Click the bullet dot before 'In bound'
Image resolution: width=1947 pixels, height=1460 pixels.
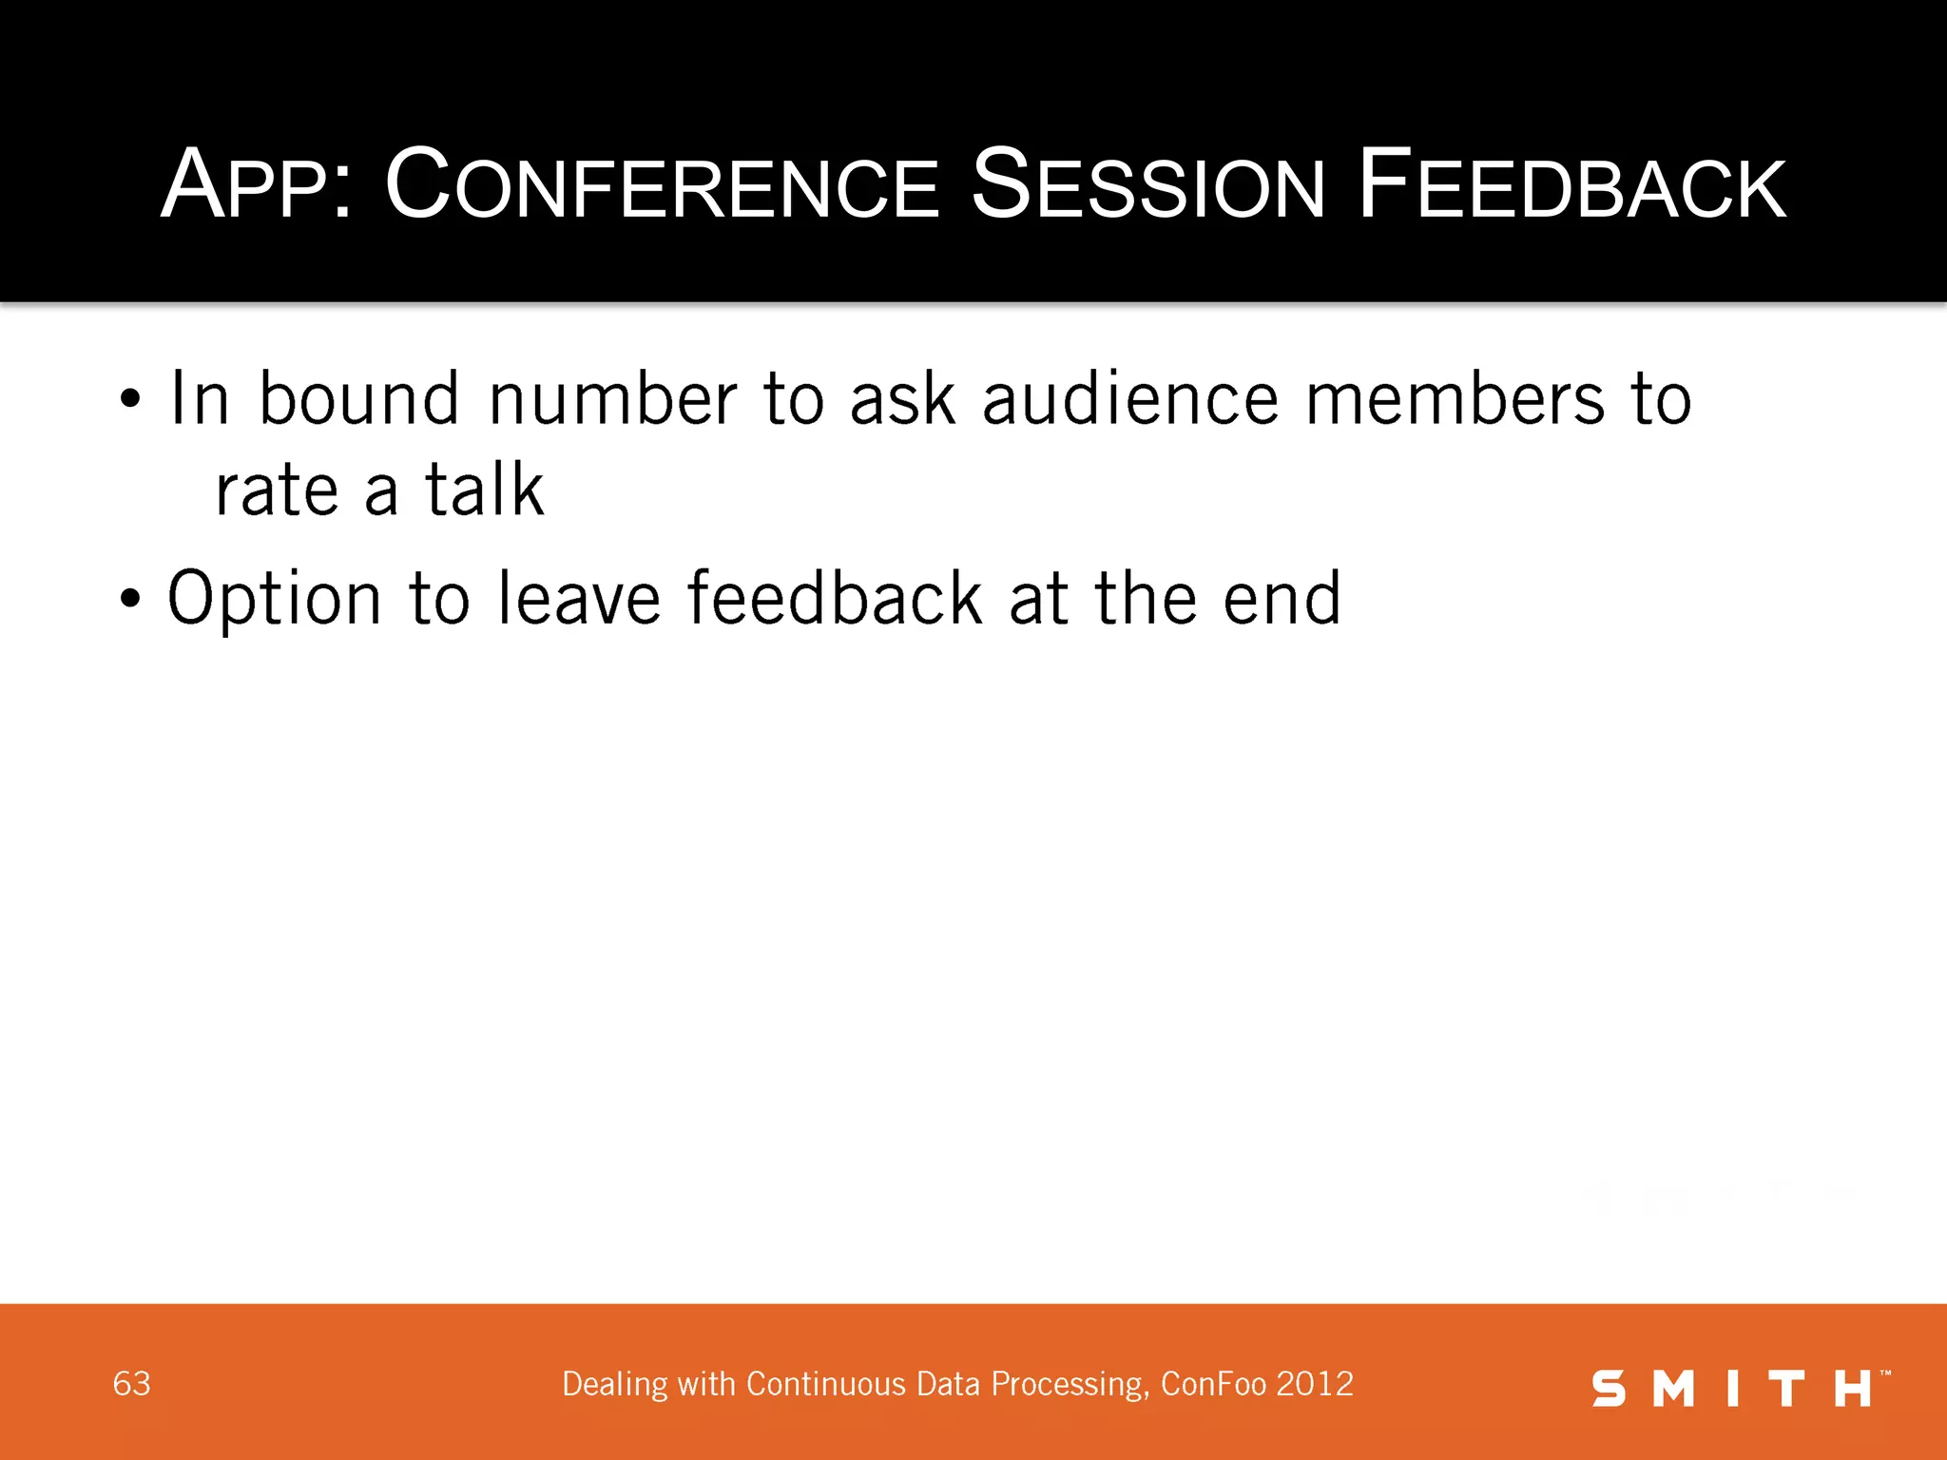point(130,399)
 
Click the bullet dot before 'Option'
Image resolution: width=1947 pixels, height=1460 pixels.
point(130,600)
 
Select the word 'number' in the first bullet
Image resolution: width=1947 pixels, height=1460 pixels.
point(612,399)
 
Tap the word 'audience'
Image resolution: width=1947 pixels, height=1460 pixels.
point(1130,399)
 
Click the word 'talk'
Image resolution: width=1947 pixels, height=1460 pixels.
point(485,490)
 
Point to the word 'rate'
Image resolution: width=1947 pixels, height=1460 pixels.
point(277,492)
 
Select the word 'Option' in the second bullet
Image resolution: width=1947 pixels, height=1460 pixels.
point(275,600)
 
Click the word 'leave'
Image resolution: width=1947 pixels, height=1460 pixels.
point(579,600)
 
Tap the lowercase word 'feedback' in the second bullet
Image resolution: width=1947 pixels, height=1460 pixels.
point(835,598)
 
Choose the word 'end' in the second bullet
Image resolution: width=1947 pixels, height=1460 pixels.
point(1282,600)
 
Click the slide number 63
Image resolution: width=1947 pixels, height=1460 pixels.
point(131,1384)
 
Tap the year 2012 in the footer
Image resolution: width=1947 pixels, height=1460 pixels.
point(1315,1384)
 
